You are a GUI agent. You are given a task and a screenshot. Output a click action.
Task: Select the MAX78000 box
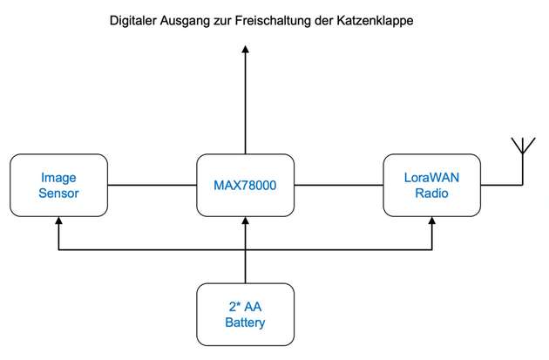click(245, 186)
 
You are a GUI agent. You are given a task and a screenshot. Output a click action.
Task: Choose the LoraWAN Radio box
click(432, 186)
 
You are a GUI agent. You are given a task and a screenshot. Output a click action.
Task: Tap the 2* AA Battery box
click(245, 314)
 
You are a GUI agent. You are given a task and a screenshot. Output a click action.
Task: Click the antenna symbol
click(520, 148)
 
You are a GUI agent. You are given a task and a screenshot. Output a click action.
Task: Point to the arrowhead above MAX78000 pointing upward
click(245, 51)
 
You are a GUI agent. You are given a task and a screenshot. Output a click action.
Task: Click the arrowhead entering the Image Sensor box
click(58, 223)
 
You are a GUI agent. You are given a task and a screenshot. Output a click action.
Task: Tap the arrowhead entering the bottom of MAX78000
click(245, 223)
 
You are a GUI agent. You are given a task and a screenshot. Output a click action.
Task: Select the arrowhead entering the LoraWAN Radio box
click(432, 223)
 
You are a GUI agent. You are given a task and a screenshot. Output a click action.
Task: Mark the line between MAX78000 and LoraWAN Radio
click(338, 186)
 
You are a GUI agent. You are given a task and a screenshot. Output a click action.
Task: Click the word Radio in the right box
click(432, 194)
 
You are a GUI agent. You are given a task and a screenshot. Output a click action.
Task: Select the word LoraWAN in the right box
click(432, 178)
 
